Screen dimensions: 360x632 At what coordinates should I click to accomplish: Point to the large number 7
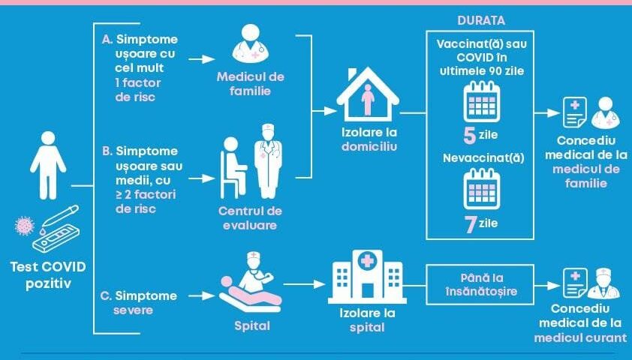pyautogui.click(x=471, y=223)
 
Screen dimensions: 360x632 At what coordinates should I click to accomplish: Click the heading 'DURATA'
pyautogui.click(x=481, y=19)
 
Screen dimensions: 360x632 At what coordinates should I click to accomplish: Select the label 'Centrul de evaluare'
pyautogui.click(x=248, y=217)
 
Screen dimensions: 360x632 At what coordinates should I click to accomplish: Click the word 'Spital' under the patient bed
pyautogui.click(x=251, y=327)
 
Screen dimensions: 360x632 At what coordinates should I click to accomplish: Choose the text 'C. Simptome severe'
pyautogui.click(x=139, y=302)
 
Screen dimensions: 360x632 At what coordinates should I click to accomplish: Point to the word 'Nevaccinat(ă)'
pyautogui.click(x=480, y=159)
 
